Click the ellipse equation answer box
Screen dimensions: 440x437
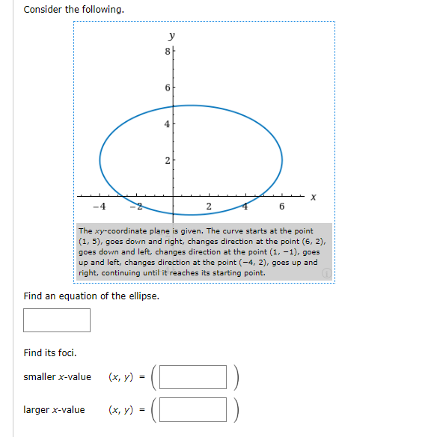57,320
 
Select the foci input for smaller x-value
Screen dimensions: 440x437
193,377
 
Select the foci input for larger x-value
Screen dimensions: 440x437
193,409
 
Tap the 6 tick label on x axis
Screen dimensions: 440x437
281,207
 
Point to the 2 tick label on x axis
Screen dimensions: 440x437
209,207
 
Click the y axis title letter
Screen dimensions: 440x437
172,35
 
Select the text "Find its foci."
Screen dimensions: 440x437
50,352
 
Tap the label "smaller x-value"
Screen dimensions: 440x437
58,376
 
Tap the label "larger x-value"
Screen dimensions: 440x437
55,409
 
